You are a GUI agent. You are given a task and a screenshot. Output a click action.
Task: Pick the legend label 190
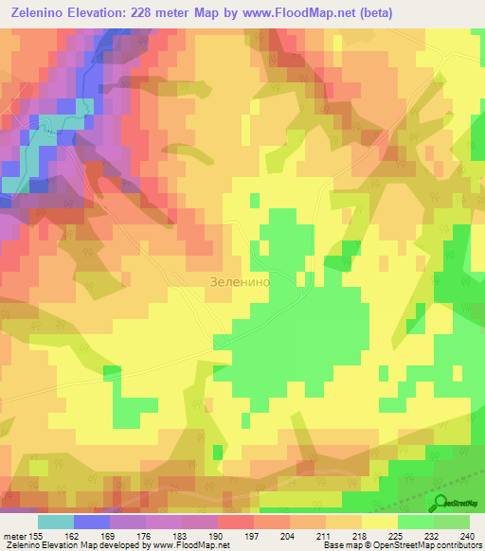click(218, 536)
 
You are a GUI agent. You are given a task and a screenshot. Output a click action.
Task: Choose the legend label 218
click(362, 536)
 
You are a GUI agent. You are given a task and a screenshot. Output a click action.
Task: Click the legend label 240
click(465, 536)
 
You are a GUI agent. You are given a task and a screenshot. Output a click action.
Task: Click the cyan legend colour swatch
click(56, 522)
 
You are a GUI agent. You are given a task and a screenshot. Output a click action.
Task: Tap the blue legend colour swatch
click(92, 522)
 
